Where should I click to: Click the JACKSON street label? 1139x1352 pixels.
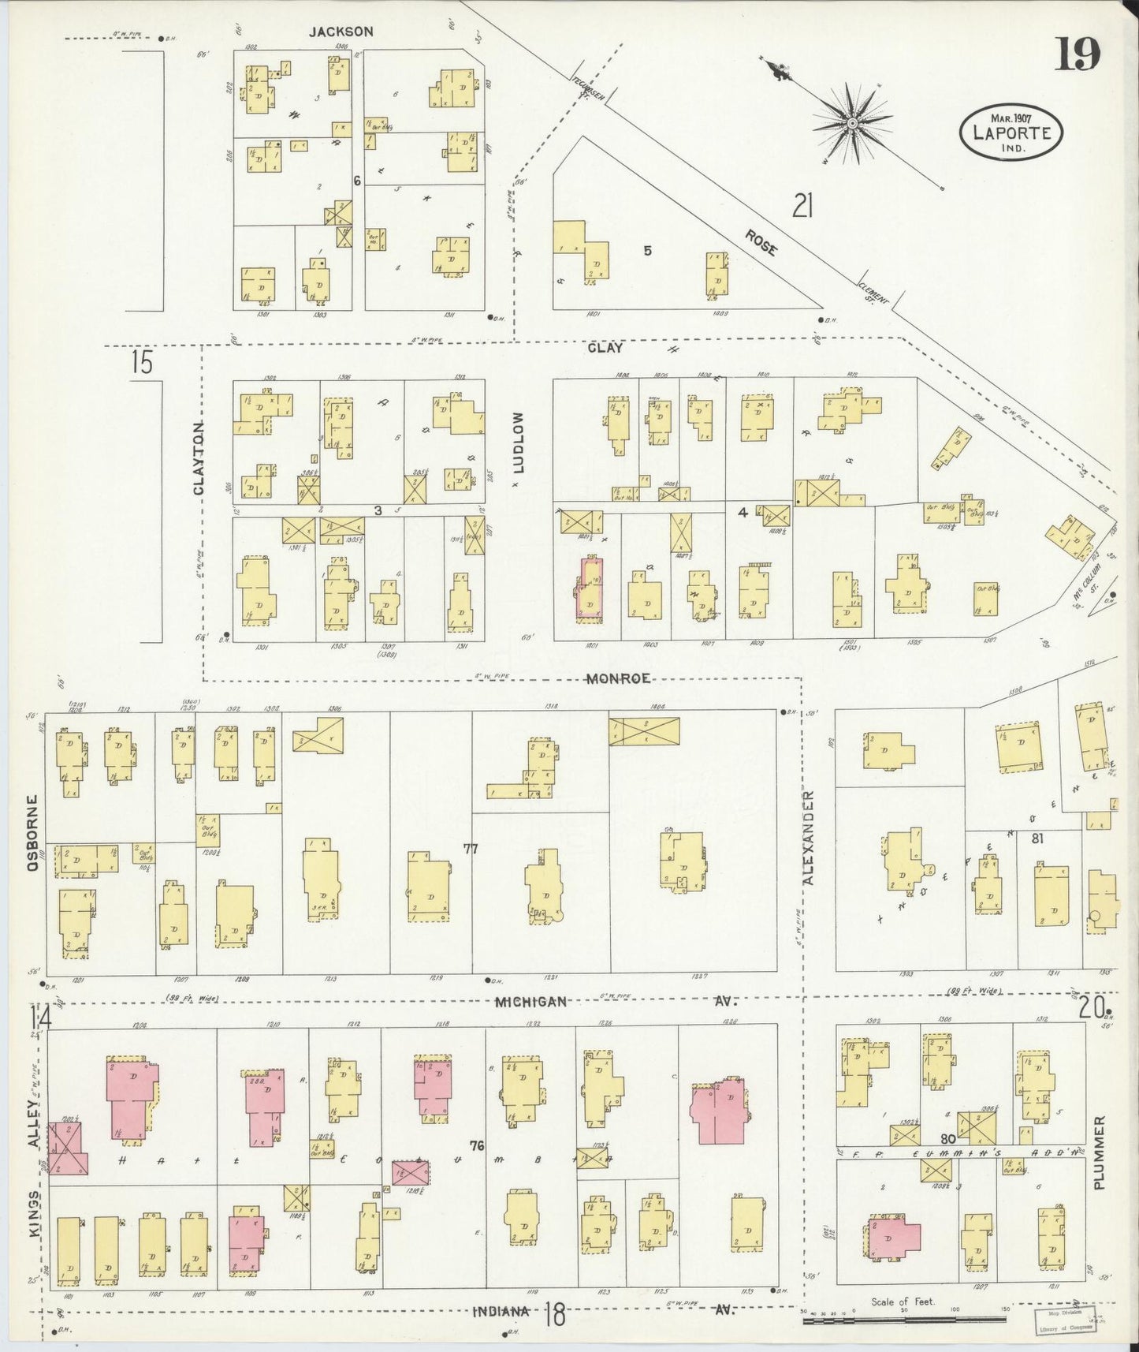341,32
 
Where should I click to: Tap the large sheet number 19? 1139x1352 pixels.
1078,54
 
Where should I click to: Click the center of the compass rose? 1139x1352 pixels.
853,124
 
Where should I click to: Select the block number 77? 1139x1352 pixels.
471,849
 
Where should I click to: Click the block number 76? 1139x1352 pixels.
475,1145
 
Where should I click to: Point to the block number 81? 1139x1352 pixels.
1037,839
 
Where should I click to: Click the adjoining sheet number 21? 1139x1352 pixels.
802,207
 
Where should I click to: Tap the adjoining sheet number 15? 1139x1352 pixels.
142,363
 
